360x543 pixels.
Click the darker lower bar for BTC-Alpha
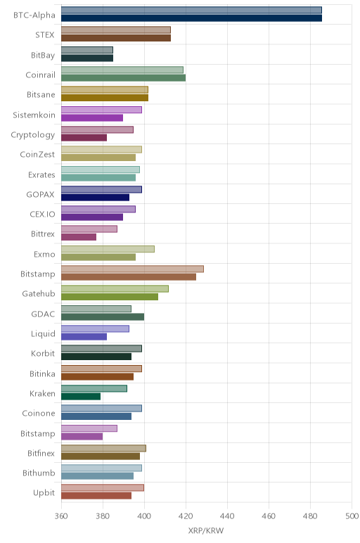point(191,18)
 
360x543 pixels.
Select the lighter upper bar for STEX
point(116,30)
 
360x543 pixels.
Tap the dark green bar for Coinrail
point(123,78)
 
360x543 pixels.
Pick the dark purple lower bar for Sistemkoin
point(92,117)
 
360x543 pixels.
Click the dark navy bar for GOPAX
point(95,198)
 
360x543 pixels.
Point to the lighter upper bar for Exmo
point(108,249)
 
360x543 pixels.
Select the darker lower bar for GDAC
point(103,317)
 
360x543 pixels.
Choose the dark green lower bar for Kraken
point(81,397)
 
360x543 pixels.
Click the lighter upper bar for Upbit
point(103,487)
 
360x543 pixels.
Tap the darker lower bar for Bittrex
point(79,237)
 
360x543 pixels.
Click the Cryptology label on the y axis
point(33,135)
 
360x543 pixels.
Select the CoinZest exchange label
point(37,155)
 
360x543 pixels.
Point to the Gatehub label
point(39,294)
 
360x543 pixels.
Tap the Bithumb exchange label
point(39,473)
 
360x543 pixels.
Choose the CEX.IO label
point(42,214)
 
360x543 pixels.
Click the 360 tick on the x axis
point(61,516)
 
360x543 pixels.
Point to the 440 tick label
point(227,516)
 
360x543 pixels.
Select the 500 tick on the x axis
point(352,516)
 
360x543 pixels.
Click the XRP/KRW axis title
point(206,530)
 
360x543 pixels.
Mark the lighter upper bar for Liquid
point(95,328)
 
